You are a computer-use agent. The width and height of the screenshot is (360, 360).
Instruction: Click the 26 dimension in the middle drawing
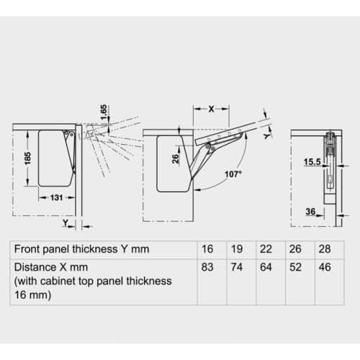point(176,158)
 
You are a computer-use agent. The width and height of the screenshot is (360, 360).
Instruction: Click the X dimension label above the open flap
point(211,109)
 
